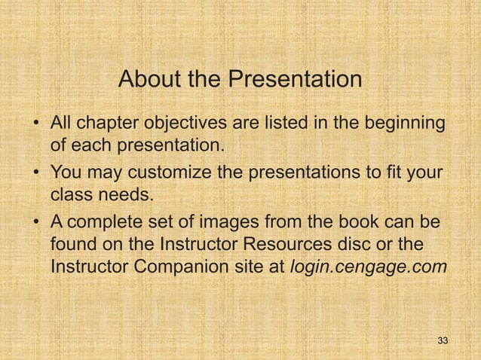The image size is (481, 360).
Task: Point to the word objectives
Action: click(173, 123)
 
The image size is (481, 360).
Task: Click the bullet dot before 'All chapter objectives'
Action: click(34, 124)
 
